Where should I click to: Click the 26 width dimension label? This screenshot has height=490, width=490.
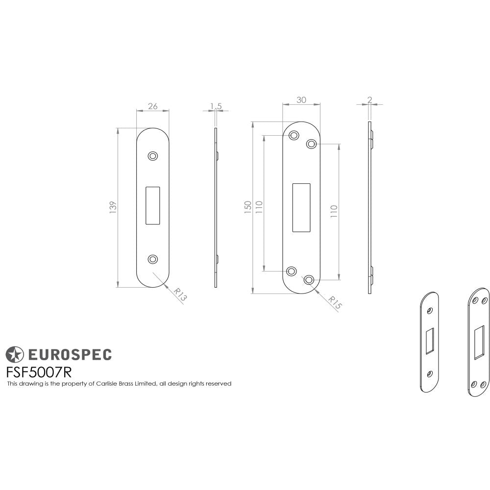152,106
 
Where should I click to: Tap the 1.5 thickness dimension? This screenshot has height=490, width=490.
216,106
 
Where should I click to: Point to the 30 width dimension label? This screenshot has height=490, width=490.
301,99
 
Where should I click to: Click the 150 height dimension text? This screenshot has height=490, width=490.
248,207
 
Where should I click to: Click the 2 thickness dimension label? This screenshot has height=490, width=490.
369,99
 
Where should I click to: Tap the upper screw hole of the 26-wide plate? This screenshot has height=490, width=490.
153,156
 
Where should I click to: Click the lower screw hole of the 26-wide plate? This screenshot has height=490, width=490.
153,259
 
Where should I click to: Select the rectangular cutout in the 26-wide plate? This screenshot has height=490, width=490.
153,205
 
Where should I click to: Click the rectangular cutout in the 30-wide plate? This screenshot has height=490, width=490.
301,207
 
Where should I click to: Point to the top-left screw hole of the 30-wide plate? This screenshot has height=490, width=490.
294,135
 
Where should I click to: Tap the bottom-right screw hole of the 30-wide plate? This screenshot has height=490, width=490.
308,280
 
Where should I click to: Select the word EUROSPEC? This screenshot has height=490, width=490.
69,354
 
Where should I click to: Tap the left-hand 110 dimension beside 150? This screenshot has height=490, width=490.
259,207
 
